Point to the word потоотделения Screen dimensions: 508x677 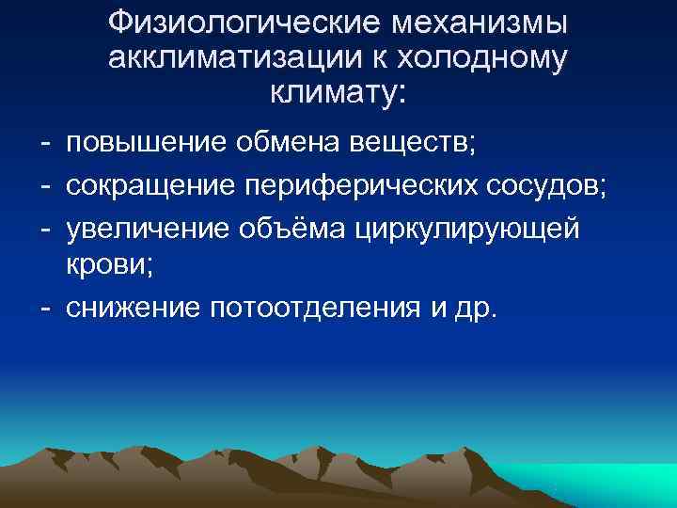pos(307,308)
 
